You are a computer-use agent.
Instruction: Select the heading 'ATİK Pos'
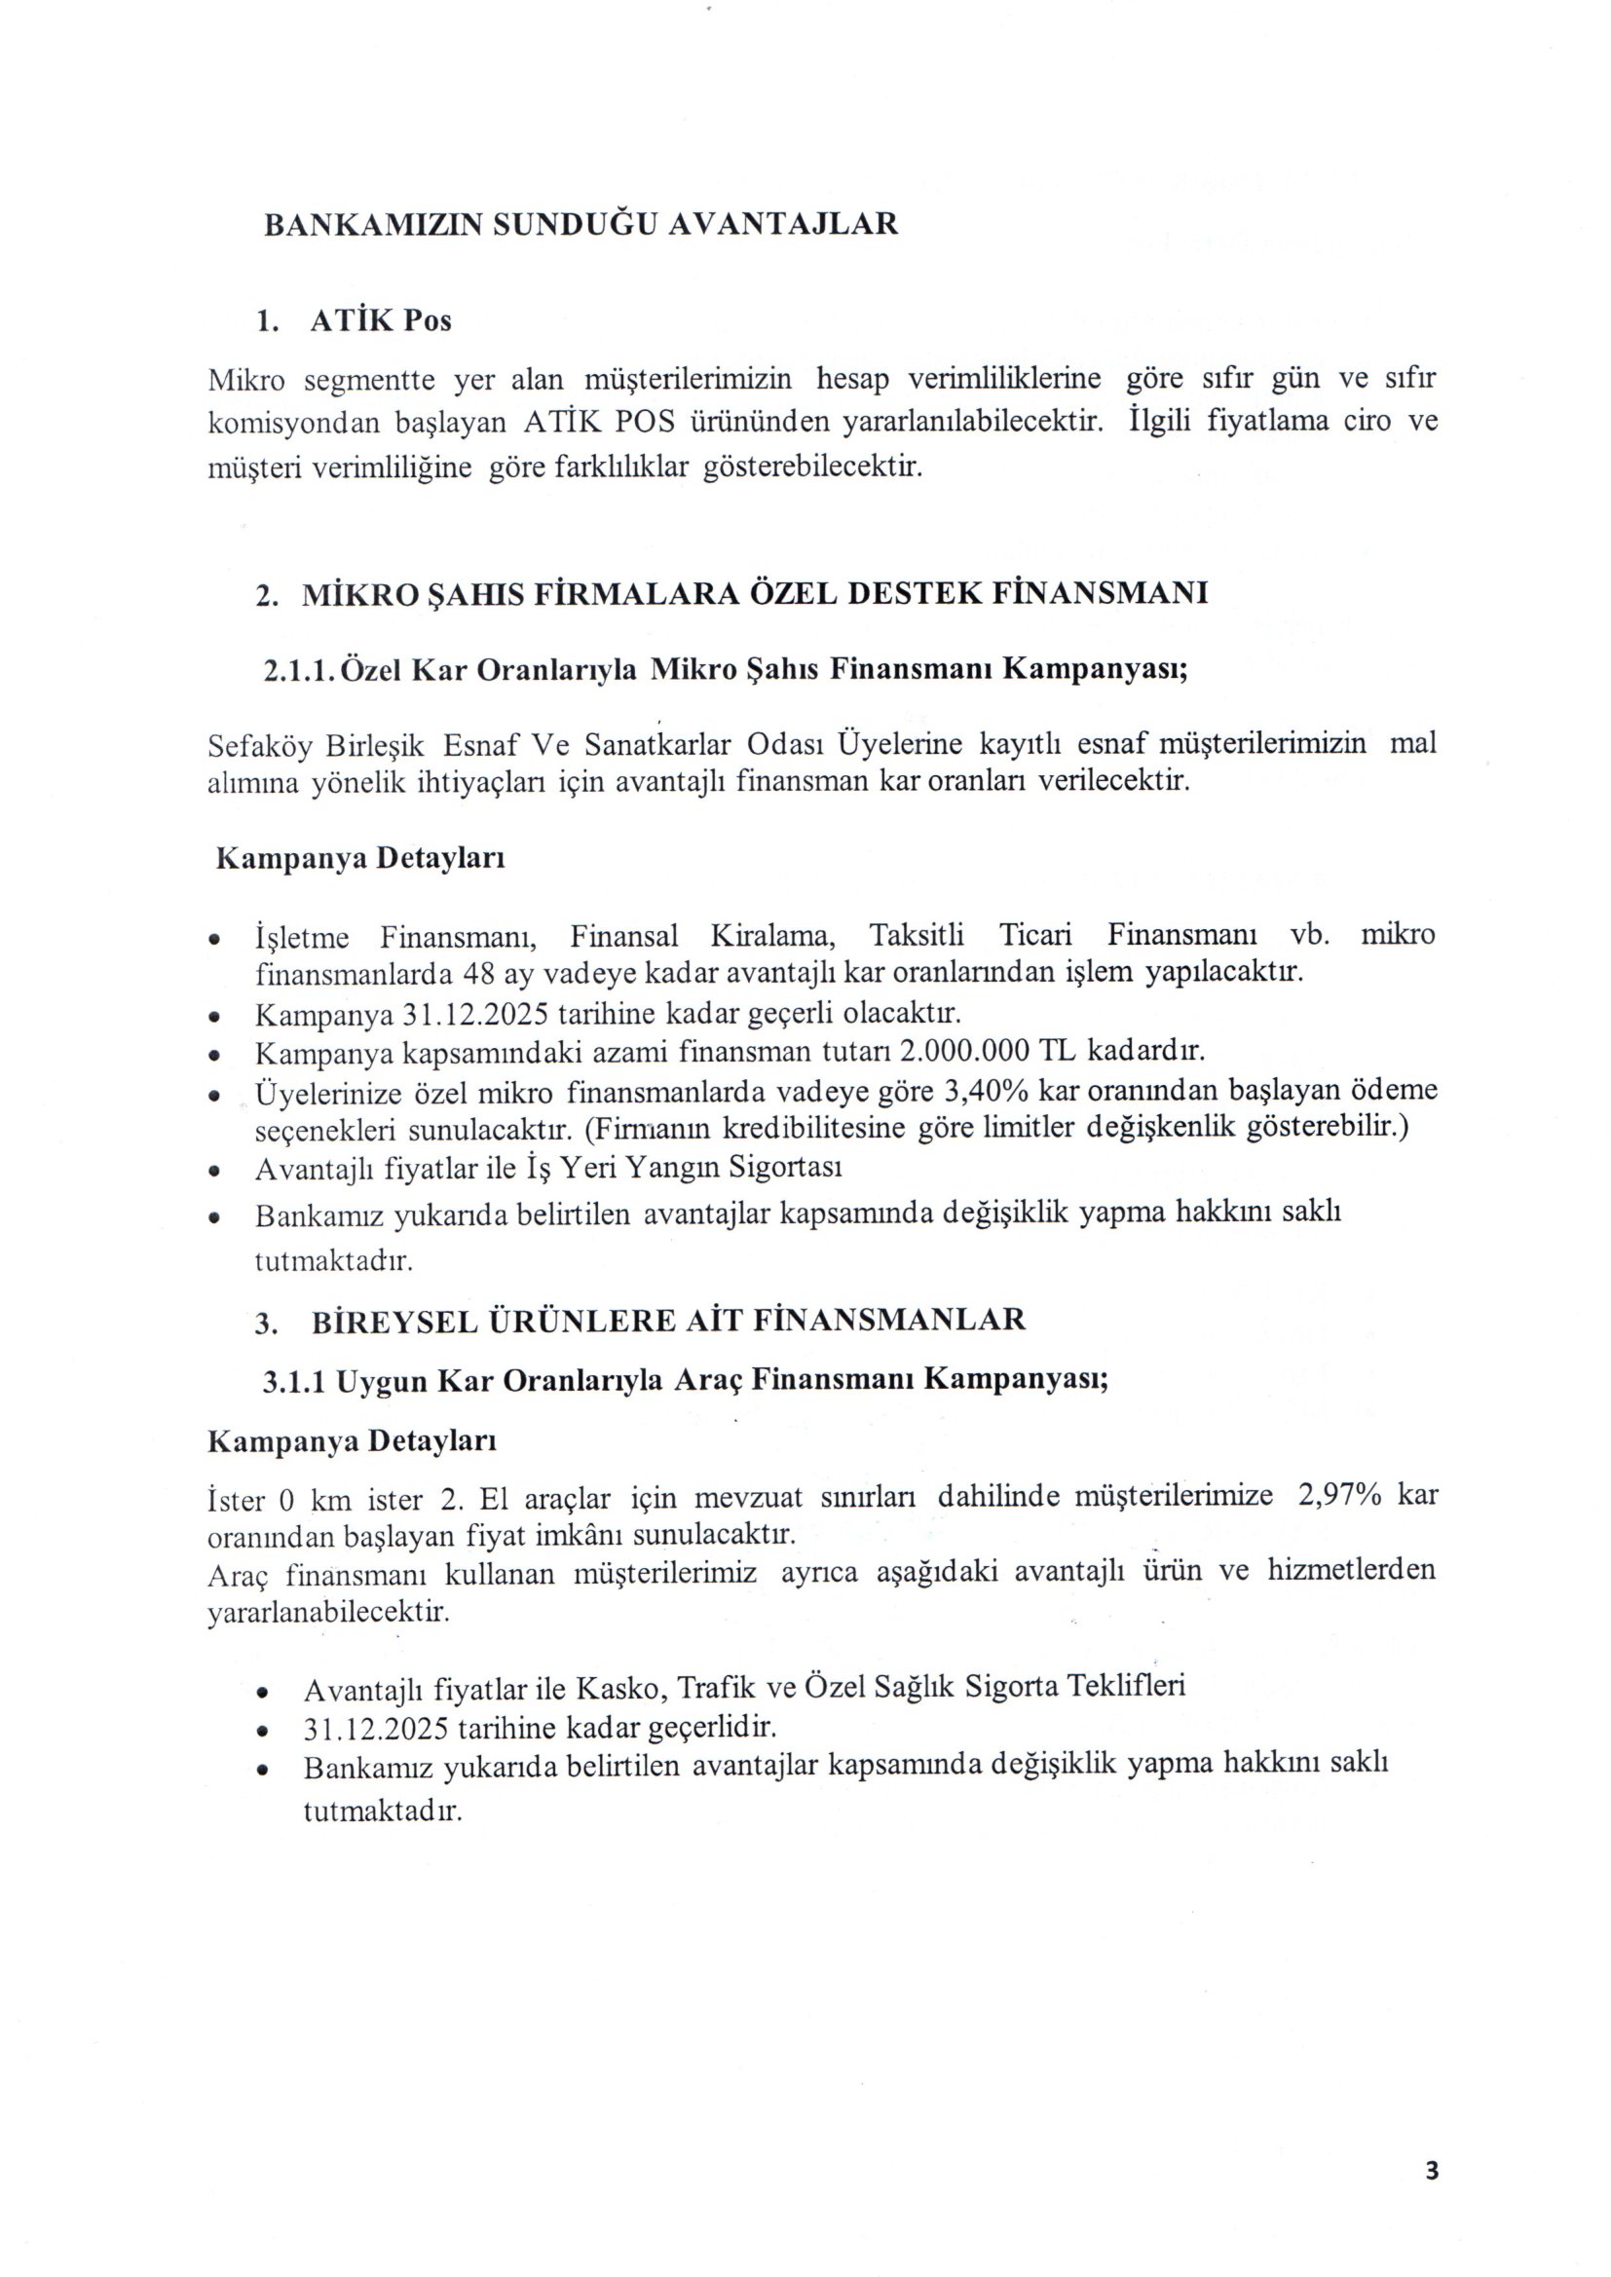[x=380, y=321]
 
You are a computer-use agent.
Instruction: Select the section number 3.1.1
[x=294, y=1381]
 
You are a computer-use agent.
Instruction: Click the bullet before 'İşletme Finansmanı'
[x=214, y=938]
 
